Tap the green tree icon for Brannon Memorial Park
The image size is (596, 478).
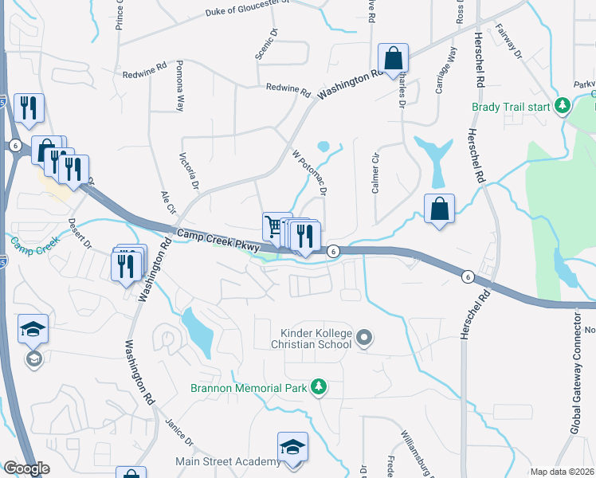click(x=319, y=387)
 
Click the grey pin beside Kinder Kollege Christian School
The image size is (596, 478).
click(x=364, y=339)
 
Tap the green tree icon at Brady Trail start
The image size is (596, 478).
click(x=563, y=105)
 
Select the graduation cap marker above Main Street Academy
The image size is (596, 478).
click(x=292, y=446)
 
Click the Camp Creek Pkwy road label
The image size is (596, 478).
click(x=219, y=241)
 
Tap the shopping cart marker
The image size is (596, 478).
click(x=276, y=226)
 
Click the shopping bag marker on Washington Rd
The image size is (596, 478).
click(x=393, y=58)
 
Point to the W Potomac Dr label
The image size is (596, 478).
click(x=311, y=170)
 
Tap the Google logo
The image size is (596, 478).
click(x=26, y=468)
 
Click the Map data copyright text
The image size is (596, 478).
click(x=561, y=472)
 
